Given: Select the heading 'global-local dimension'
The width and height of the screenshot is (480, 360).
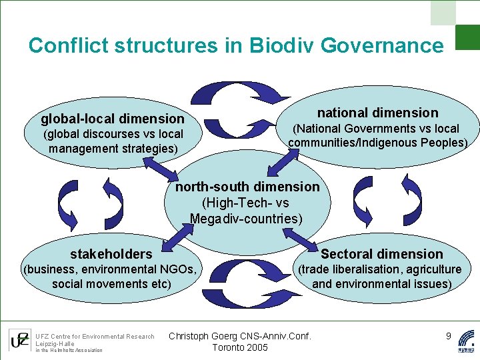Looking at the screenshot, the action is (113, 119).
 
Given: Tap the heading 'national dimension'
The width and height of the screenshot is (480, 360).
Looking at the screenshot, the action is (377, 113).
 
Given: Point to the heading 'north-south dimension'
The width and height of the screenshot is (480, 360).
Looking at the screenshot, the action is (247, 187).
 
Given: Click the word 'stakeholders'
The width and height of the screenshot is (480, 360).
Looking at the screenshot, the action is (111, 254).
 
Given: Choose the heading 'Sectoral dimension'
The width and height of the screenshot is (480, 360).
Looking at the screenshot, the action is (382, 254).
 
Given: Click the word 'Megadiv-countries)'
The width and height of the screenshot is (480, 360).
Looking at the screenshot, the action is (246, 219).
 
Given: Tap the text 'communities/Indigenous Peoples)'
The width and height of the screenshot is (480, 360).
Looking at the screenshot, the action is (377, 143).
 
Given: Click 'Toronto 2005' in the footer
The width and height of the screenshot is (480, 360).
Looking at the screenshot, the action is (240, 347).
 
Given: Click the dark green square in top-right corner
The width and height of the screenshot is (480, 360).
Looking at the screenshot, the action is (467, 37).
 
